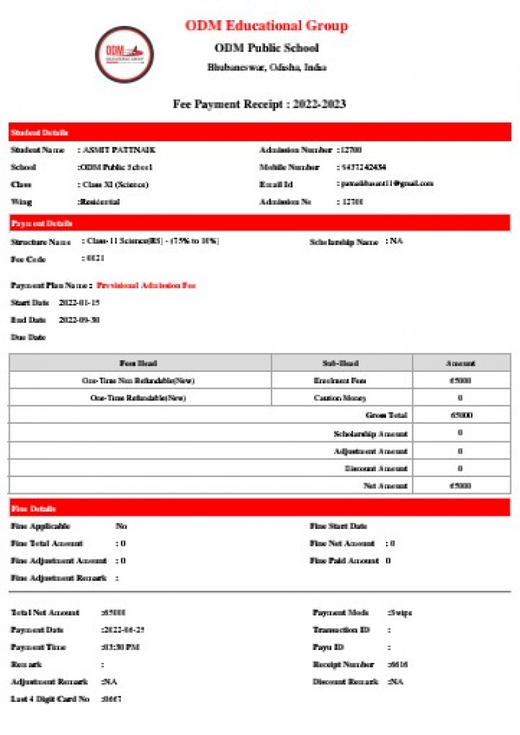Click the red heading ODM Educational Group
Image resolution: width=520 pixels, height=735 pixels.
click(x=266, y=26)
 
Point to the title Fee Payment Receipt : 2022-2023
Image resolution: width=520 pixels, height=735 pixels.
click(x=259, y=104)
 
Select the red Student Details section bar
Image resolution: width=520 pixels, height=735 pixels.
click(x=259, y=132)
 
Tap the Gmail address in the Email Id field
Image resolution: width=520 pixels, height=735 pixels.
click(x=388, y=184)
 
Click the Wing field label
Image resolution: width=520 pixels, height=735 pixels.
click(x=21, y=202)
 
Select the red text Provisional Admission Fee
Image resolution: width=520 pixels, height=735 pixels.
click(x=146, y=285)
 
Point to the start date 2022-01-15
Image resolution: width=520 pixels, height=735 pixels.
click(x=79, y=303)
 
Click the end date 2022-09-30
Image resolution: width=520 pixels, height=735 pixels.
click(x=79, y=320)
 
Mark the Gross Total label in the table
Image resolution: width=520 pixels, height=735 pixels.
click(x=387, y=415)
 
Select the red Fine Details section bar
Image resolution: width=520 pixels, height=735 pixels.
click(x=259, y=508)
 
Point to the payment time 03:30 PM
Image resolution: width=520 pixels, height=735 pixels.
click(x=121, y=647)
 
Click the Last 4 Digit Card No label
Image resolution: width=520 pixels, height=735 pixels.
click(x=50, y=699)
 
